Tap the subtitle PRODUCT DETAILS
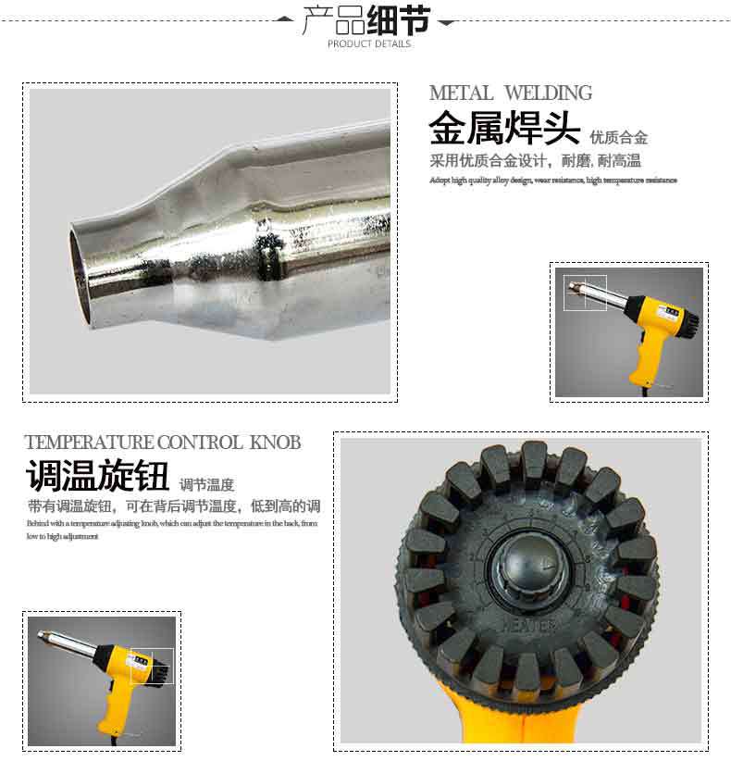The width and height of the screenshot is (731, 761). (x=368, y=44)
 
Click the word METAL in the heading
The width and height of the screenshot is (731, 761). (x=461, y=94)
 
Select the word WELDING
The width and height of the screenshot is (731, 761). (x=548, y=94)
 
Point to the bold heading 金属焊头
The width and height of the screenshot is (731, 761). (x=504, y=129)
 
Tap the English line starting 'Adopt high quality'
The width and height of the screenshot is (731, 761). (x=552, y=181)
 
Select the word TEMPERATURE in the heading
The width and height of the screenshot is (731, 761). (x=89, y=443)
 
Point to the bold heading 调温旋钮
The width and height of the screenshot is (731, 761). (x=97, y=477)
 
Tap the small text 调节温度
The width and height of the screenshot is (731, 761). (x=206, y=484)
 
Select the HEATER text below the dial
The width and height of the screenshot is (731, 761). (x=529, y=626)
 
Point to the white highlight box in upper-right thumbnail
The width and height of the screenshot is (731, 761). (x=585, y=293)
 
